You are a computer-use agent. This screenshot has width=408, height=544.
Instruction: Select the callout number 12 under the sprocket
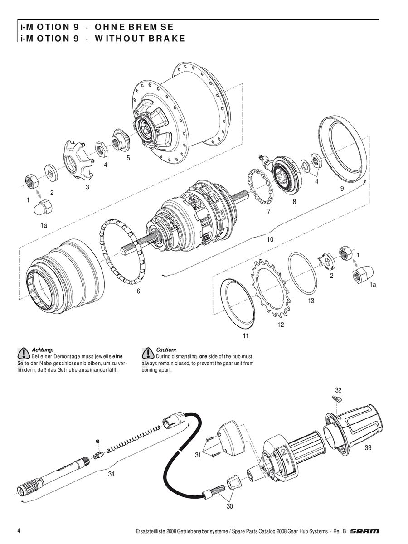click(x=281, y=325)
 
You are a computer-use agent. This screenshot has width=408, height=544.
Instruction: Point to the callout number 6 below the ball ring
click(x=138, y=291)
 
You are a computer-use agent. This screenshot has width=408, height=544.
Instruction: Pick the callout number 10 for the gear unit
click(x=270, y=240)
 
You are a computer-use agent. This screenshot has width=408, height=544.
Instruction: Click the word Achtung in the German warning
click(x=42, y=350)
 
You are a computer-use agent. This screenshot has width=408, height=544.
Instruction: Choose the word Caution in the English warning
click(x=166, y=350)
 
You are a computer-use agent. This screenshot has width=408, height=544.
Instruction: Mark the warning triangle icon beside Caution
click(x=148, y=353)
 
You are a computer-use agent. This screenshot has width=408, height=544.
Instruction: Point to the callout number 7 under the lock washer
click(x=269, y=212)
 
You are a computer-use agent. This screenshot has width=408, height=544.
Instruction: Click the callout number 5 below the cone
click(x=128, y=158)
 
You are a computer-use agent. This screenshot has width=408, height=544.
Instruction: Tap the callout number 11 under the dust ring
click(x=246, y=336)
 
